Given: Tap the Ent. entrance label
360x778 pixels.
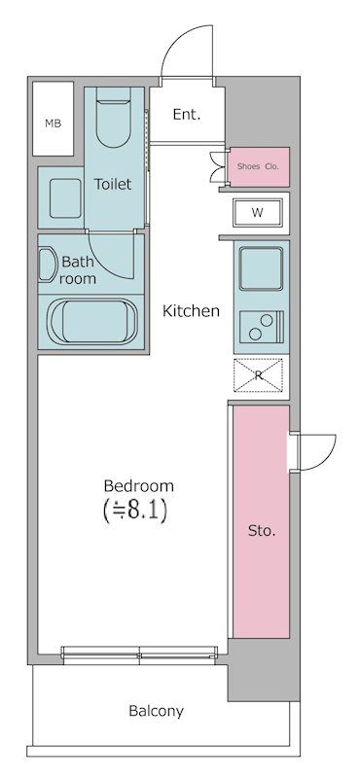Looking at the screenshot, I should pos(186,115).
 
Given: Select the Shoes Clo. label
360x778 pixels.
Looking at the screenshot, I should pos(258,167).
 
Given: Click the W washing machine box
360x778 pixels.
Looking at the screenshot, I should pos(257,211).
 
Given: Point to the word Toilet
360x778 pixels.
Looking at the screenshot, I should pos(113,183).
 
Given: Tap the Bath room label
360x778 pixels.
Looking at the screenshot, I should pos(78,269).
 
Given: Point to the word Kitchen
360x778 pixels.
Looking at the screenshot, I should pos(191,311).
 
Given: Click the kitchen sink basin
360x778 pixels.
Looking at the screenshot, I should pos(261,267).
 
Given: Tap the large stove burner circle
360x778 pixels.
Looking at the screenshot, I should pos(257,334).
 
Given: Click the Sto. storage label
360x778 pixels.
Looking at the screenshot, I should pos(261,531).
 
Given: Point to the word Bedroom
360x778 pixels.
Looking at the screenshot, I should pos(139,485).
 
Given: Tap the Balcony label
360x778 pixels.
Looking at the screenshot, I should pos(156,711).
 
